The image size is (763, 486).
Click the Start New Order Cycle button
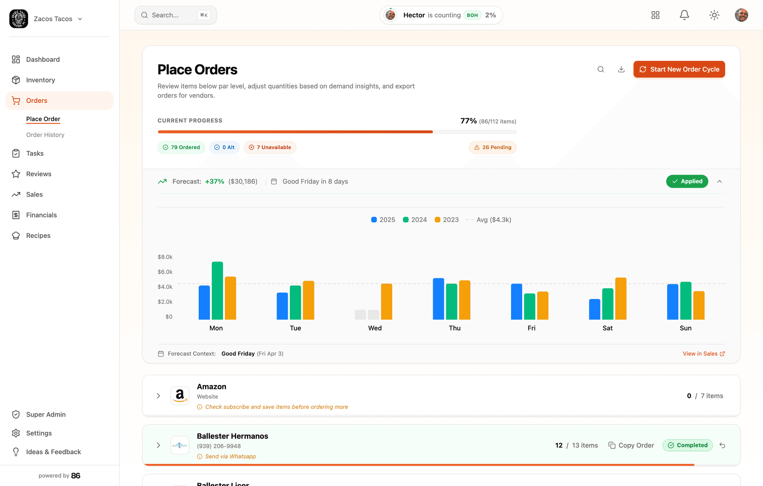(x=679, y=69)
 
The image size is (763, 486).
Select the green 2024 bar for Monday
(x=217, y=290)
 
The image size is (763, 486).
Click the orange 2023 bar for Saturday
(x=620, y=298)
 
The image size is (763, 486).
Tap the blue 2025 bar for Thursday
(x=438, y=299)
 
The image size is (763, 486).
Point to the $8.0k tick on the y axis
(x=165, y=257)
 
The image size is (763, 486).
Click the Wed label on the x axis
(x=375, y=328)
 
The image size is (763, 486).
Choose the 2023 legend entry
(x=447, y=220)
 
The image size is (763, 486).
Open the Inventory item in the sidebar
(x=41, y=80)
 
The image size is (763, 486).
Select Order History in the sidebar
(x=45, y=135)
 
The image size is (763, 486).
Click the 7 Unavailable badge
(x=270, y=147)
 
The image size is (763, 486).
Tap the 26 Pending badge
(x=493, y=147)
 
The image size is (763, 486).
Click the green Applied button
(x=687, y=181)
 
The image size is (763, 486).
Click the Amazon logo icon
(x=180, y=395)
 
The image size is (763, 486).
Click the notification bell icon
(x=684, y=15)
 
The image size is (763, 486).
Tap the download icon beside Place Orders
(x=621, y=69)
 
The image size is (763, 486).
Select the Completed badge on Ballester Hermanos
(x=687, y=445)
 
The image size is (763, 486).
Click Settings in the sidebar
(x=39, y=433)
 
